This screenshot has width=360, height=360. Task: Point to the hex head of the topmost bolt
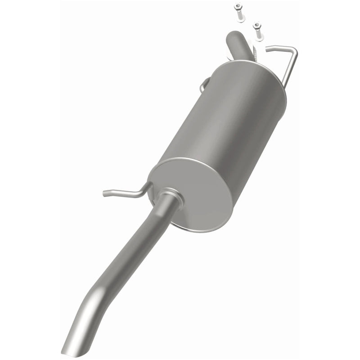click(237, 6)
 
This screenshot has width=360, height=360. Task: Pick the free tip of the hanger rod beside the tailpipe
click(105, 194)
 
